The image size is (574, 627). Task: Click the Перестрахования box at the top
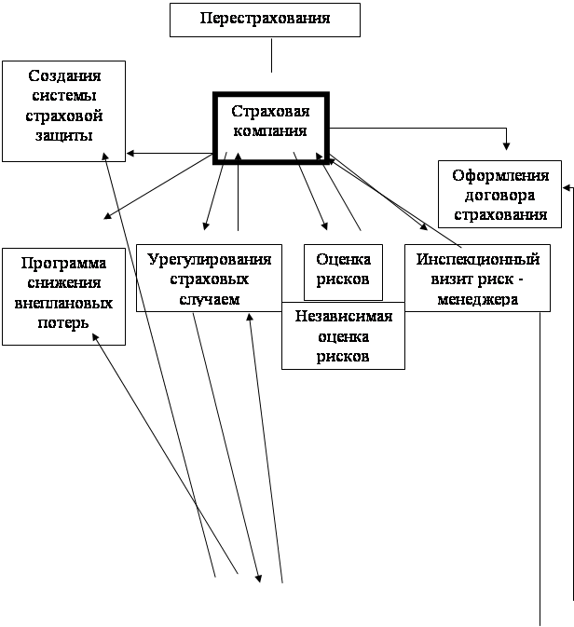pyautogui.click(x=265, y=19)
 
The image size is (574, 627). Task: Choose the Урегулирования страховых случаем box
pyautogui.click(x=210, y=278)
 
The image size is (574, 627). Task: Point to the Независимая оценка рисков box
pyautogui.click(x=343, y=335)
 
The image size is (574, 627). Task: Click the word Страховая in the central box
pyautogui.click(x=268, y=112)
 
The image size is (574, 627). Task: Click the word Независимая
pyautogui.click(x=343, y=316)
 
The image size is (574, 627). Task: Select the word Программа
pyautogui.click(x=63, y=263)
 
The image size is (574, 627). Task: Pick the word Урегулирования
pyautogui.click(x=210, y=258)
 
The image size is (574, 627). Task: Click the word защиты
pyautogui.click(x=64, y=136)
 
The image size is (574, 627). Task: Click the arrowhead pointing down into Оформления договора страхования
pyautogui.click(x=507, y=144)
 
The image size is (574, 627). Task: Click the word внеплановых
pyautogui.click(x=63, y=304)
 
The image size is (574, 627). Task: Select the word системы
pyautogui.click(x=64, y=95)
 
